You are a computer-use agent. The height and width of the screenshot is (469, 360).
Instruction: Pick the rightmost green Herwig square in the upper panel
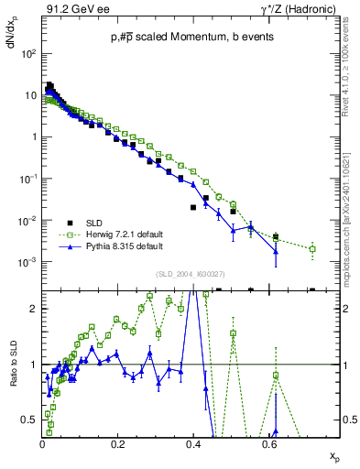click(313, 248)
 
